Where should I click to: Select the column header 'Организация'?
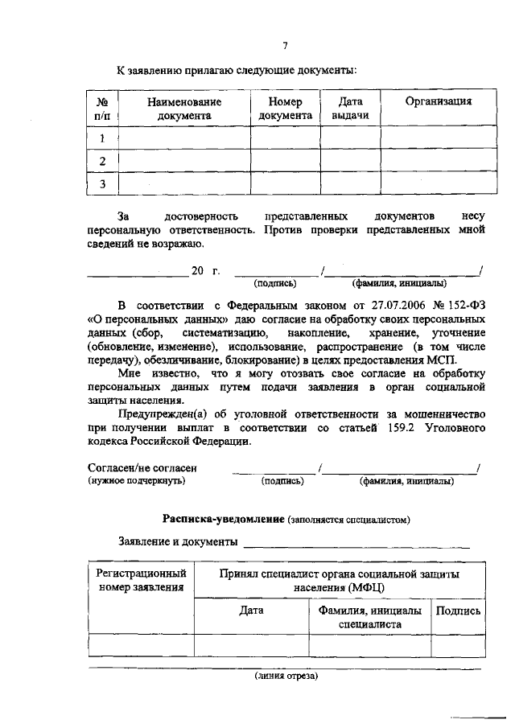point(438,101)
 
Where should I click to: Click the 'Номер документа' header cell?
point(285,109)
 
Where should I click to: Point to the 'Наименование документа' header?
point(184,109)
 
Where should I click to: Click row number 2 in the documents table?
point(102,161)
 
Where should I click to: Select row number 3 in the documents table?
point(102,184)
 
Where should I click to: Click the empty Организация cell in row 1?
point(438,138)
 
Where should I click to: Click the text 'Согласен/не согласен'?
point(142,467)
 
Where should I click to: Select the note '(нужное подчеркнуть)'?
point(136,481)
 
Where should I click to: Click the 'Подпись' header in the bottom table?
point(458,611)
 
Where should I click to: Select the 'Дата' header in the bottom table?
point(251,611)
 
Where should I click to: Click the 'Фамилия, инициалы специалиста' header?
point(369,617)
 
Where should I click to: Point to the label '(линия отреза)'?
point(286,676)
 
